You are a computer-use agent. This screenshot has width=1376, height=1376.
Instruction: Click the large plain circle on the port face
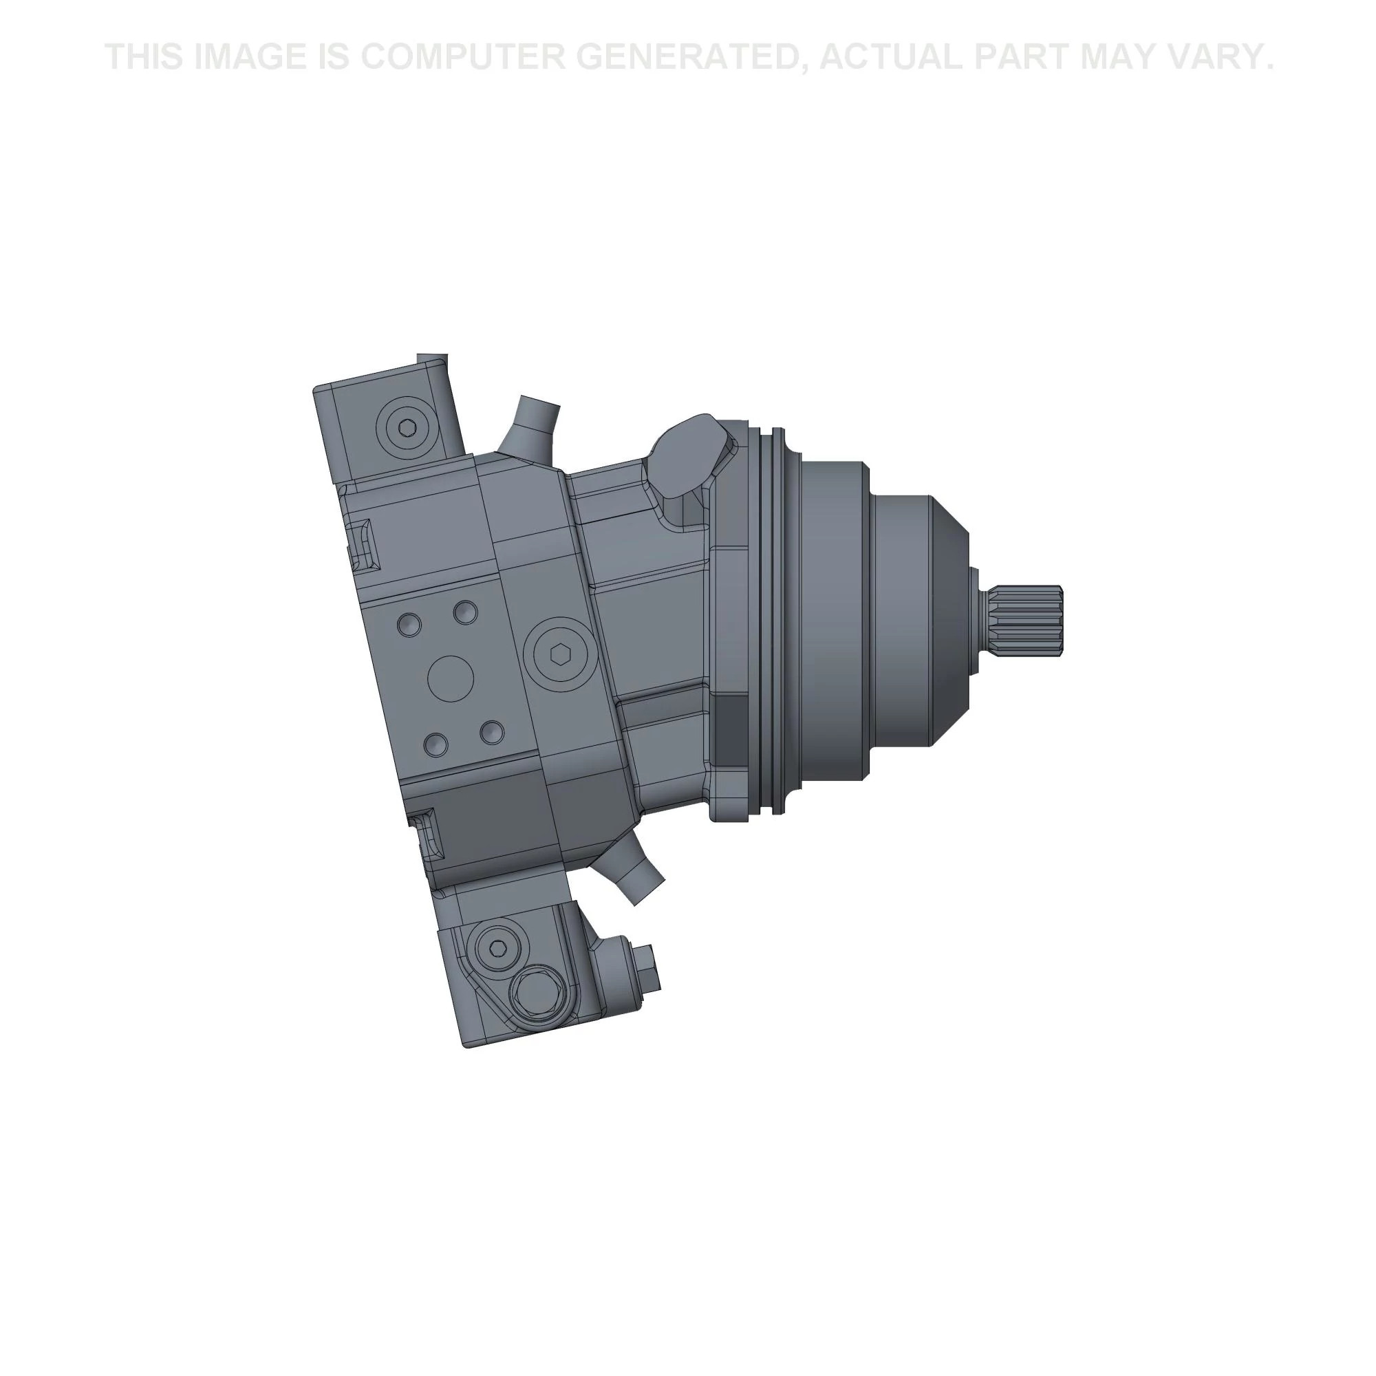(x=451, y=679)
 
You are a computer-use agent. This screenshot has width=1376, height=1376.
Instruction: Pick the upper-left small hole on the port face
(x=409, y=625)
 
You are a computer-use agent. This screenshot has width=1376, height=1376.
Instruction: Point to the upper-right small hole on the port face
(x=466, y=611)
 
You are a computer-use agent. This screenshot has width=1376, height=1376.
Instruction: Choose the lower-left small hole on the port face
(x=436, y=746)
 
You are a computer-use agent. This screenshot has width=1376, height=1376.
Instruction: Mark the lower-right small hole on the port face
(x=492, y=732)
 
